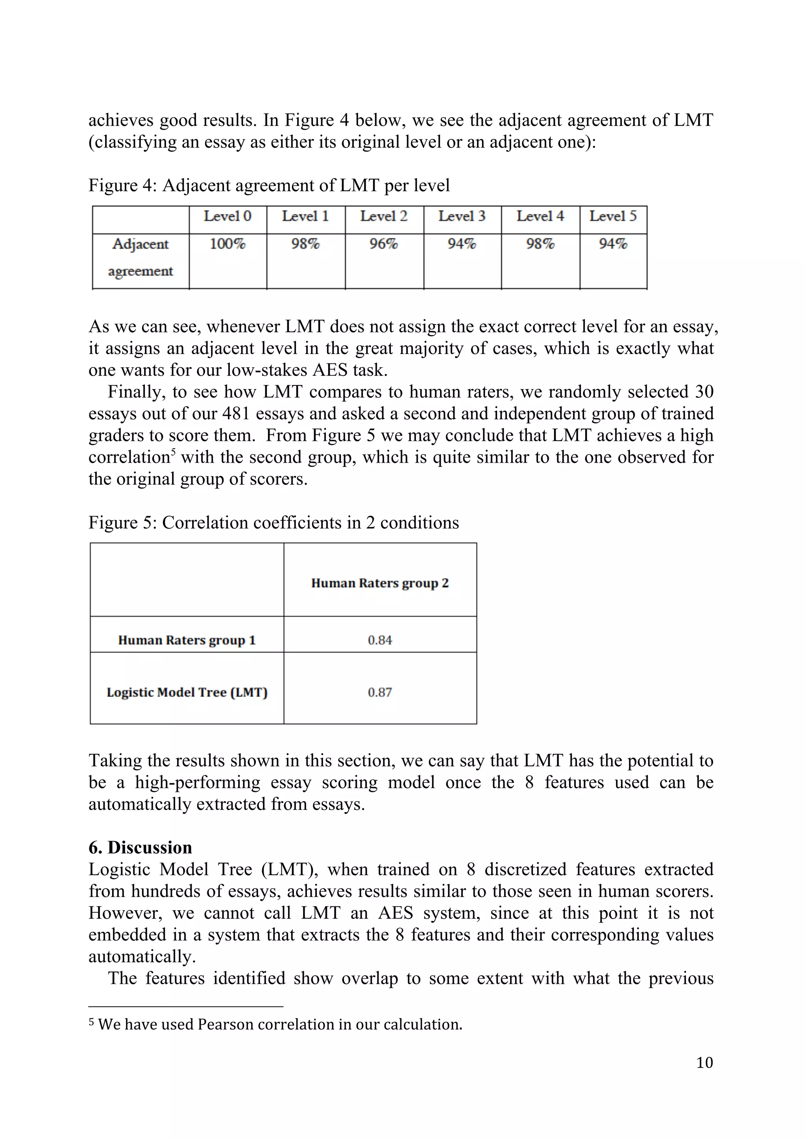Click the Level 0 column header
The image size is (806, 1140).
[227, 216]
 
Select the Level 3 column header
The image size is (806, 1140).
[462, 216]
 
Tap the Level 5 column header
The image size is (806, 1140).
[613, 216]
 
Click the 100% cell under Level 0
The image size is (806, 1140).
[227, 244]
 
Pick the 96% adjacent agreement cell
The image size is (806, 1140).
[383, 244]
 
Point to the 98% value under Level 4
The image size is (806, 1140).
[540, 244]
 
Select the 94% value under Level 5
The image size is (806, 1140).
[613, 244]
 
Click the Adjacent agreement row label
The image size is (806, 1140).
[140, 257]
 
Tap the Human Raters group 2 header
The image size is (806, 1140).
[380, 583]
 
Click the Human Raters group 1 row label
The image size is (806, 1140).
[187, 640]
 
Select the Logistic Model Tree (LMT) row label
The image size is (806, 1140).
[187, 692]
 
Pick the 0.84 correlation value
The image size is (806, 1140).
[380, 640]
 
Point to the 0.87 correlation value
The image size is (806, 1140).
[380, 692]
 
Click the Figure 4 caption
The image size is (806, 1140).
[269, 185]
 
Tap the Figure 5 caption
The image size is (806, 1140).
[274, 522]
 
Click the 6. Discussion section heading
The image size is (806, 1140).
[140, 847]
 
